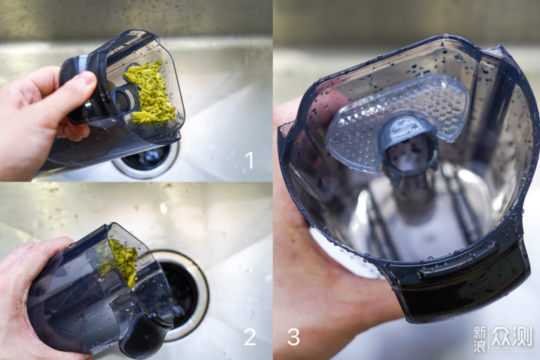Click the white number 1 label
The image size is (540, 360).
coord(249,160)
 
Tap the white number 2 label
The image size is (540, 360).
coord(250,337)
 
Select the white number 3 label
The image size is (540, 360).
coord(293,337)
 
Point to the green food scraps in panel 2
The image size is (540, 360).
coord(121,261)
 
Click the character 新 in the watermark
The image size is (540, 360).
coord(480,333)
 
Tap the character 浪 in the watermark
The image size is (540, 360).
coord(480,346)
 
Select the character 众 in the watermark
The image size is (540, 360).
coord(501,337)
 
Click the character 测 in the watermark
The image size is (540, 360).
coord(522,337)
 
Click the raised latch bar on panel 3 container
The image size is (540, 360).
coord(458,261)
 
